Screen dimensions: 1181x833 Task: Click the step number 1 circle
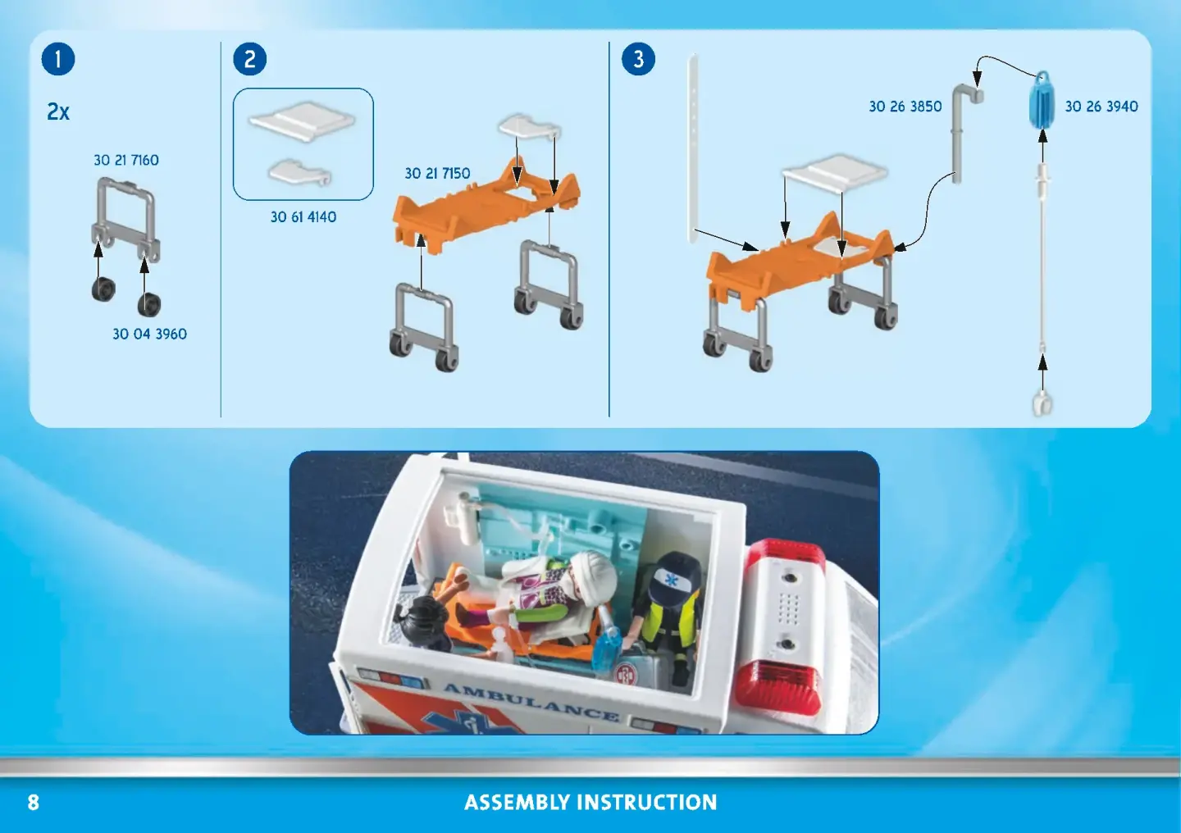click(x=58, y=58)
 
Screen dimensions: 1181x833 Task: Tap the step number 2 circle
click(x=250, y=58)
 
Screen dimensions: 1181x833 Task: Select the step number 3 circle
click(x=638, y=58)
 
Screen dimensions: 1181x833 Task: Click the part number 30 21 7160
click(x=126, y=160)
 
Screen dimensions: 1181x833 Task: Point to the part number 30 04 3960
click(x=150, y=334)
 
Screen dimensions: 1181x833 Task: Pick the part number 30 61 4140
click(x=303, y=216)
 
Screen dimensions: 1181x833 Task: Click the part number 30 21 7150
click(x=437, y=173)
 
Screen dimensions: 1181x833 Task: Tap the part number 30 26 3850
click(x=905, y=107)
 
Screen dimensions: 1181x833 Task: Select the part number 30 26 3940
click(x=1101, y=107)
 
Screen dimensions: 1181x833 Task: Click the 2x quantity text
click(x=58, y=112)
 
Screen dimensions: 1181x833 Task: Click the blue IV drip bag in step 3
click(x=1042, y=100)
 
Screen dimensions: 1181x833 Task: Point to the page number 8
click(x=33, y=803)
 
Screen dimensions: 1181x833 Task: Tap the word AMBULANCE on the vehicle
click(x=531, y=702)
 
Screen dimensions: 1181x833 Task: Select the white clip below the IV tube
click(x=1042, y=404)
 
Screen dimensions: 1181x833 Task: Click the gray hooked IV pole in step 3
click(x=962, y=133)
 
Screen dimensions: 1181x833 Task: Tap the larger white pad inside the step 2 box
click(x=302, y=121)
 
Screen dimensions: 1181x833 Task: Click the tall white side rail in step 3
click(x=693, y=148)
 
